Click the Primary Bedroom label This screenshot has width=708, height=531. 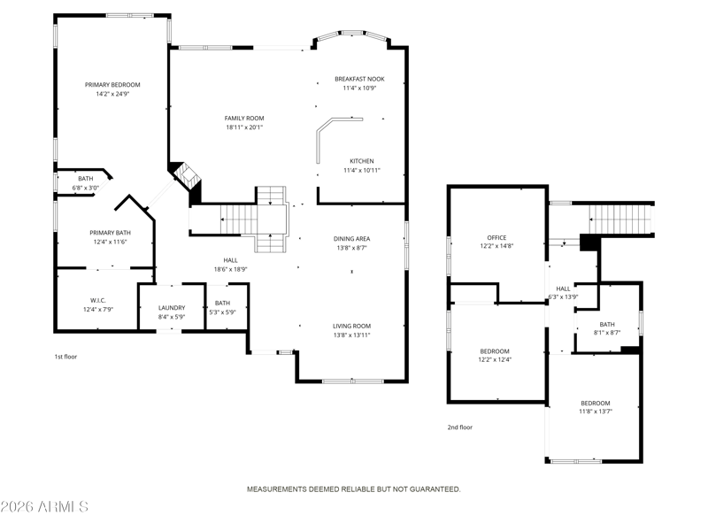112,85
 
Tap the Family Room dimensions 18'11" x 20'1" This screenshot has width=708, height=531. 244,127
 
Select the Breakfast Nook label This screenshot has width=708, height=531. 359,79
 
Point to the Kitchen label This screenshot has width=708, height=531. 362,161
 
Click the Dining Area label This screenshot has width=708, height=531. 351,239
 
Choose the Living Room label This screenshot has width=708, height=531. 351,326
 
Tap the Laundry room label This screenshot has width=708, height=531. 172,308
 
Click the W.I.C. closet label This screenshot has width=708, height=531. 98,301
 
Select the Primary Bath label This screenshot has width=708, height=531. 110,233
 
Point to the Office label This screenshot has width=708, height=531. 496,238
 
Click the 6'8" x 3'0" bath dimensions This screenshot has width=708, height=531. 85,188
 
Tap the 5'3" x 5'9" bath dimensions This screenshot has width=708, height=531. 222,312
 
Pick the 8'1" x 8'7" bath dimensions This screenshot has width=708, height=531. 607,333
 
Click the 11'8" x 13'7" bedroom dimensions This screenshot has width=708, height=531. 596,412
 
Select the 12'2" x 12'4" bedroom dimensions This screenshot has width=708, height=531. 495,360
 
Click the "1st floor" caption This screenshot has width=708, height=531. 65,357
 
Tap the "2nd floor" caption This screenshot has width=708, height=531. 459,427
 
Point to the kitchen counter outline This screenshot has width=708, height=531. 318,135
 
